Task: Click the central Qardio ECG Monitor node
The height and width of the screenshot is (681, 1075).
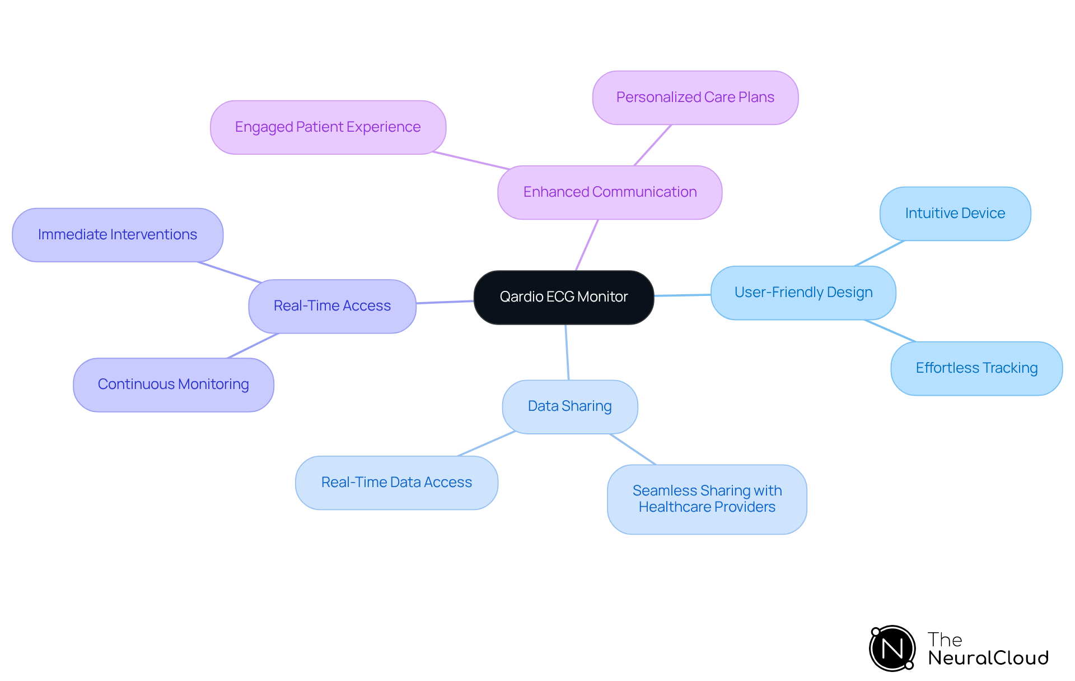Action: [563, 297]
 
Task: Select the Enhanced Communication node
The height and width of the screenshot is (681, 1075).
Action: [610, 192]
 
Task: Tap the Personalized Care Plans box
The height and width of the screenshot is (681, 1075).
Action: [695, 98]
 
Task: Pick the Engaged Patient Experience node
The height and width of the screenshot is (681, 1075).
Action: [328, 127]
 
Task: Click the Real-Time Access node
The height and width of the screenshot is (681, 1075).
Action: [332, 306]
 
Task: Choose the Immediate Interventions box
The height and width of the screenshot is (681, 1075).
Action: [118, 235]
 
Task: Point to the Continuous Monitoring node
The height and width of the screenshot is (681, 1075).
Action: [173, 384]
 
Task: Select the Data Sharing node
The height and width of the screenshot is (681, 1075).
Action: [569, 406]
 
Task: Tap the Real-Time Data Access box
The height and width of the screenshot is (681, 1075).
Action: [396, 483]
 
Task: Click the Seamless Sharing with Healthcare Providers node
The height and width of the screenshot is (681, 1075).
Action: [707, 499]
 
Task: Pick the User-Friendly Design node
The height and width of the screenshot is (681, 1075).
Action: [803, 293]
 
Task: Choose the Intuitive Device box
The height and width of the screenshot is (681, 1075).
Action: [955, 214]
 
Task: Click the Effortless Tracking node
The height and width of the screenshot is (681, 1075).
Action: [976, 368]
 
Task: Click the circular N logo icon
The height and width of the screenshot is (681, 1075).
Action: [892, 648]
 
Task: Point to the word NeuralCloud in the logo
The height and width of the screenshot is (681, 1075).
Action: [988, 658]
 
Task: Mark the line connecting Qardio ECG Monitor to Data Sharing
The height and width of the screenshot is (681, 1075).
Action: [567, 352]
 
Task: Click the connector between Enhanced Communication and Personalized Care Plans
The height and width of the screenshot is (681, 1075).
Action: [652, 145]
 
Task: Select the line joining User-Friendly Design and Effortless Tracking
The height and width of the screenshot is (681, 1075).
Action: [890, 331]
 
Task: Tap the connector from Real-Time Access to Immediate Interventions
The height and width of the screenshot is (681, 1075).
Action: [230, 272]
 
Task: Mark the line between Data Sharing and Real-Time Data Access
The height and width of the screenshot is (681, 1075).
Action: [487, 444]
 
